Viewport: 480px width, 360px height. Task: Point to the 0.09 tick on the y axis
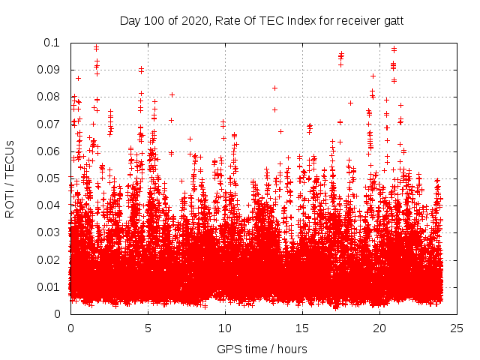point(51,70)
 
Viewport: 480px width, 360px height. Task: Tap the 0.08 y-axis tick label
point(51,97)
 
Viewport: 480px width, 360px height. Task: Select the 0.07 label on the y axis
point(51,124)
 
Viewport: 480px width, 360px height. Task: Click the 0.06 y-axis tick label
point(51,151)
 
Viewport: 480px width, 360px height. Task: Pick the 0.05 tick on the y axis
point(51,178)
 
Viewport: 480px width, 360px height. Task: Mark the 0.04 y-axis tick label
point(51,205)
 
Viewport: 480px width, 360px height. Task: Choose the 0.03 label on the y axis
point(51,232)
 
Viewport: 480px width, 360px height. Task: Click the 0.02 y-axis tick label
point(51,259)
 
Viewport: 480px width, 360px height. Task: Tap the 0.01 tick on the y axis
point(51,287)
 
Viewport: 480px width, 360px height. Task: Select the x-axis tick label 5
point(148,328)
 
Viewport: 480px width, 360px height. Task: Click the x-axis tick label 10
point(225,328)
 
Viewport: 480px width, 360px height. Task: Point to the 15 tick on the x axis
point(302,328)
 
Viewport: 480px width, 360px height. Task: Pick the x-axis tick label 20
point(379,328)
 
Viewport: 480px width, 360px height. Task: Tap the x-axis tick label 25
point(457,328)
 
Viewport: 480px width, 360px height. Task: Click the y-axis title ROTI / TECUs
point(10,178)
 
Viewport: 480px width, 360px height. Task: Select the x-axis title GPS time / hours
point(262,349)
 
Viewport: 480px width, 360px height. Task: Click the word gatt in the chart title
point(392,21)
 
